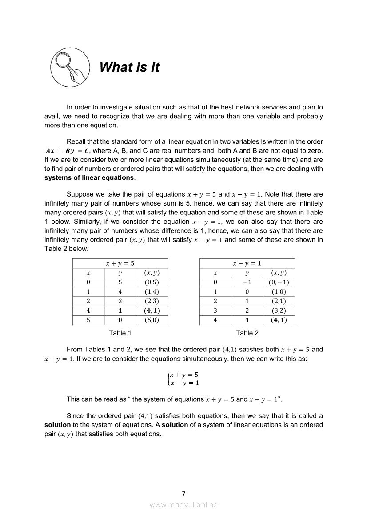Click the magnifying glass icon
71,67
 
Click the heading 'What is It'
129,67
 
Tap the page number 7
183,493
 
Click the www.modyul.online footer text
183,504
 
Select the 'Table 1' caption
120,333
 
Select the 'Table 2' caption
247,333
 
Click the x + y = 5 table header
120,263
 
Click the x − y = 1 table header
247,263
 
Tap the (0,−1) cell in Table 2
279,282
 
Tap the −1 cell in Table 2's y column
247,282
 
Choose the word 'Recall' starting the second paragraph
76,141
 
